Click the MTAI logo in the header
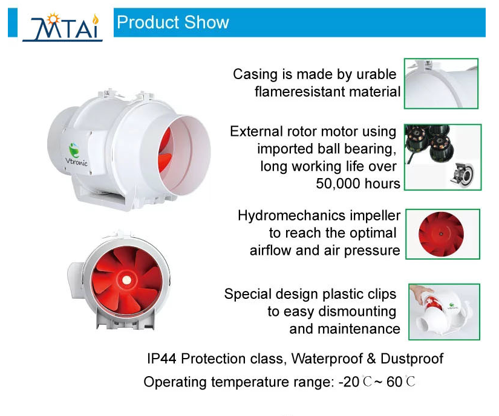(62, 28)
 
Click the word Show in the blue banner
(206, 22)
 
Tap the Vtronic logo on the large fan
(76, 155)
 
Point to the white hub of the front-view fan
(126, 280)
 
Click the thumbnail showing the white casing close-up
(441, 83)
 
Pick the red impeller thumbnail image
(443, 234)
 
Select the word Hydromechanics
(292, 216)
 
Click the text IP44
(161, 359)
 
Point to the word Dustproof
(412, 359)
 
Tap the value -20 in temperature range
(349, 382)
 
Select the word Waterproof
(327, 359)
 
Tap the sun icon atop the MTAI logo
(53, 19)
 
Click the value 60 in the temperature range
(394, 382)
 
